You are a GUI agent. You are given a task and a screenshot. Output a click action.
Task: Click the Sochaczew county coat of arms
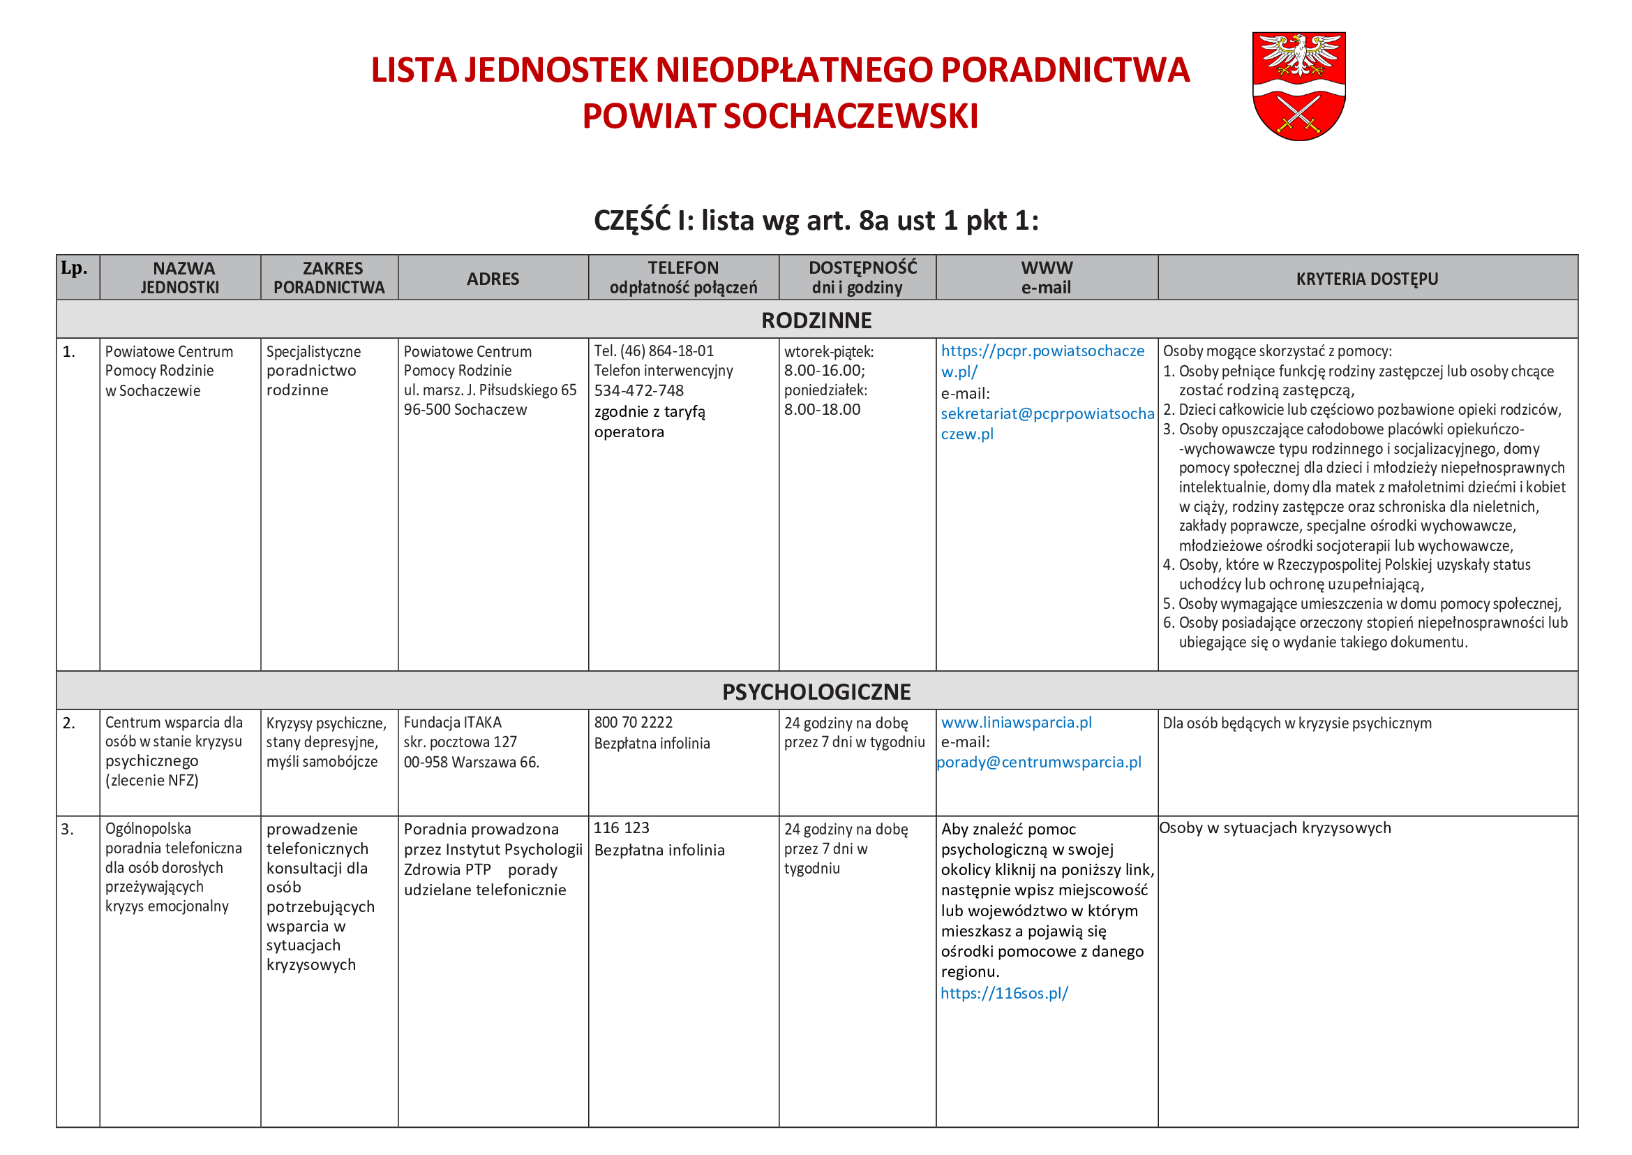(x=1298, y=85)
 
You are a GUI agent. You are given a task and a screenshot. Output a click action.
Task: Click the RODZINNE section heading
(x=816, y=320)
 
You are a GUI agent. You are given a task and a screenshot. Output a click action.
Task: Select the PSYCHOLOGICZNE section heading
(x=816, y=691)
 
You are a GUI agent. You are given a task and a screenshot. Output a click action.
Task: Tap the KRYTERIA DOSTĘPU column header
(x=1366, y=279)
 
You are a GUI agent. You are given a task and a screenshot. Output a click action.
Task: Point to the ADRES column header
(x=493, y=279)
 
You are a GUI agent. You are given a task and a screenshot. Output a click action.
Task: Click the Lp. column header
(x=75, y=269)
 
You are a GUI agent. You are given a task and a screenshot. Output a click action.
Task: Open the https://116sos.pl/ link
(x=1003, y=993)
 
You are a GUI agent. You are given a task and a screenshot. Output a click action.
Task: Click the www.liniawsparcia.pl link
(x=1016, y=723)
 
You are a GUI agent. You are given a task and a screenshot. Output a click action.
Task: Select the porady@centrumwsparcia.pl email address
(x=1038, y=763)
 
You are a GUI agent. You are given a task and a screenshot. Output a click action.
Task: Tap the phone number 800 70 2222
(x=633, y=723)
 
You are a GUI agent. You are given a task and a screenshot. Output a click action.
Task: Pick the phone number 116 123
(x=621, y=828)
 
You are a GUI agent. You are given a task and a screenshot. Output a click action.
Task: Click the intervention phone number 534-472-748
(x=638, y=390)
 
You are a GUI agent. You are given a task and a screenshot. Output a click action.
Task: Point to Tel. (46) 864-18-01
(x=654, y=351)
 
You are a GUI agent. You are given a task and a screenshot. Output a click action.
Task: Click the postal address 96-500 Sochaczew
(x=465, y=410)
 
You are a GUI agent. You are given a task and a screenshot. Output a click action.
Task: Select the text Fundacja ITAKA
(x=452, y=723)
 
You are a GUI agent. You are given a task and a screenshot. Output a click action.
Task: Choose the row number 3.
(x=68, y=830)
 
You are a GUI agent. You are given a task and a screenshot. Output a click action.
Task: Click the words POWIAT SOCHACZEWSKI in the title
(x=780, y=116)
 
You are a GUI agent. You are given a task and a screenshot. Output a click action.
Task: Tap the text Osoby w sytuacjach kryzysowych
(x=1275, y=828)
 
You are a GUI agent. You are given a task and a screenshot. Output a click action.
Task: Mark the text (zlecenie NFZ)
(x=151, y=780)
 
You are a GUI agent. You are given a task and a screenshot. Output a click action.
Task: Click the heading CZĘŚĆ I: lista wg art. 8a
(x=815, y=221)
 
